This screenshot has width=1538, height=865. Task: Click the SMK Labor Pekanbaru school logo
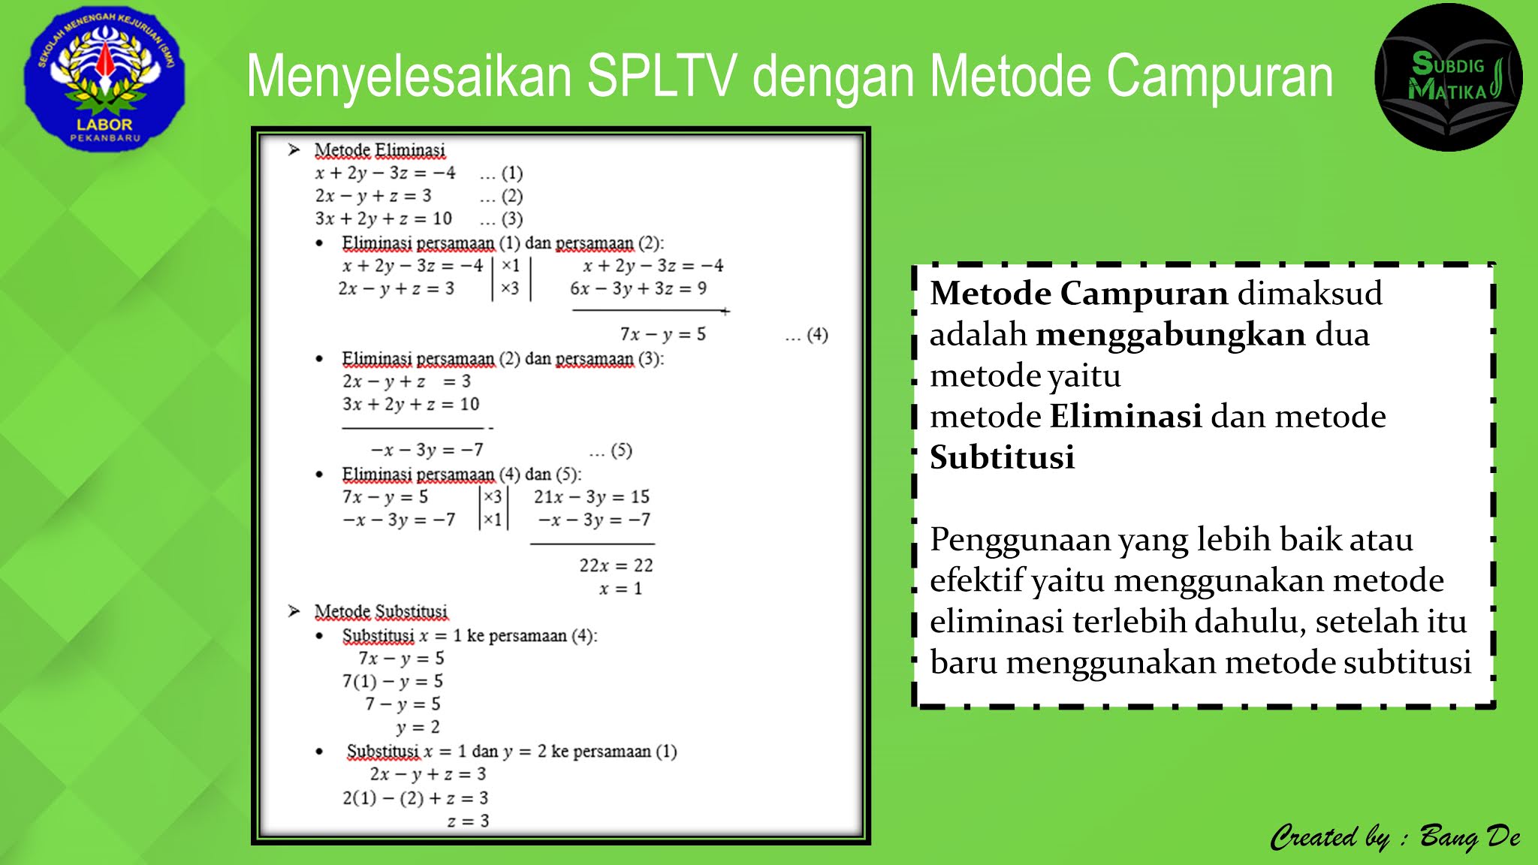[x=104, y=79]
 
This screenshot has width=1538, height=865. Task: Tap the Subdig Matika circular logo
[x=1448, y=77]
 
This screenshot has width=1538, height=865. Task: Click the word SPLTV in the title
[x=661, y=77]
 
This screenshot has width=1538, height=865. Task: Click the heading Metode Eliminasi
[x=379, y=150]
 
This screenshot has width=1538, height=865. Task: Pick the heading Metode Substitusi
[x=381, y=611]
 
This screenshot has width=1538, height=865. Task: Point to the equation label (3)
[x=512, y=219]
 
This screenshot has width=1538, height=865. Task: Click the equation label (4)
[x=817, y=334]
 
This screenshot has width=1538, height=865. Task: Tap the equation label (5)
[x=621, y=450]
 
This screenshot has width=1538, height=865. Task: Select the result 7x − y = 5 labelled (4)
[x=662, y=334]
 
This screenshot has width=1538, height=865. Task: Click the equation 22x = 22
[x=616, y=565]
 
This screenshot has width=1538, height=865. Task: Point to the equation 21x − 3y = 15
[x=591, y=496]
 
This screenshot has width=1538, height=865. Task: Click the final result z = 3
[x=468, y=821]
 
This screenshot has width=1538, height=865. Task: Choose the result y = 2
[x=418, y=727]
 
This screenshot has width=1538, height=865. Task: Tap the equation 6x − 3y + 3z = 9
[x=638, y=288]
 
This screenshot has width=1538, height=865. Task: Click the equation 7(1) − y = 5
[x=393, y=681]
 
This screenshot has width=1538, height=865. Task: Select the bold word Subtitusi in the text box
[x=1002, y=457]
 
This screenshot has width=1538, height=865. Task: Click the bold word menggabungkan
[x=1170, y=334]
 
